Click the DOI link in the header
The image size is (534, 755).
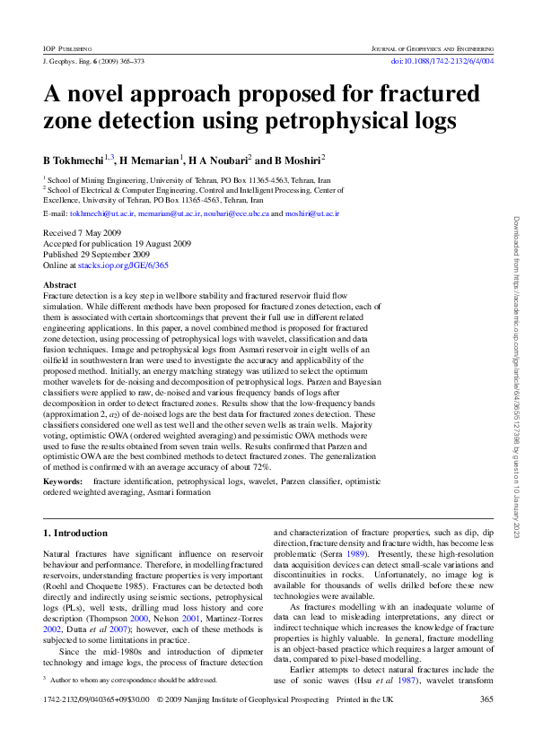point(443,61)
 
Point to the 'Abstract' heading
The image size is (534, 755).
point(60,284)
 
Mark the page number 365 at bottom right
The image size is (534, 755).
point(486,725)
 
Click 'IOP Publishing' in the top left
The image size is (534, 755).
point(67,46)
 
